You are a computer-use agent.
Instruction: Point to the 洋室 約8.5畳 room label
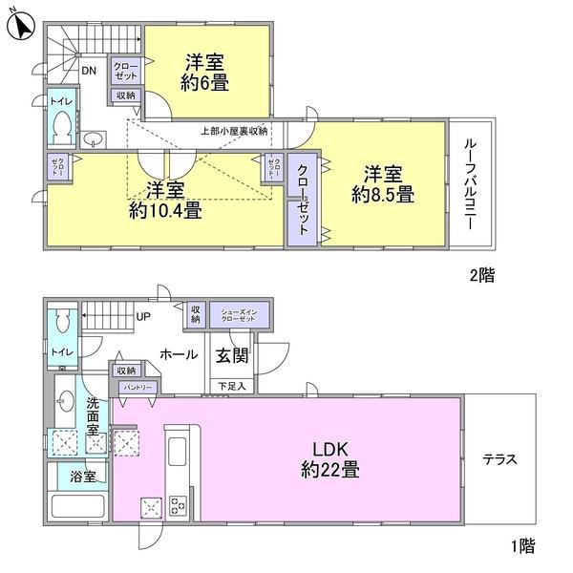tap(382, 184)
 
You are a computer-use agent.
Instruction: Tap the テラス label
tap(499, 458)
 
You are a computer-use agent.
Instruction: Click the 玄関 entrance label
tap(230, 354)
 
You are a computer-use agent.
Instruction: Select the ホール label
tap(178, 354)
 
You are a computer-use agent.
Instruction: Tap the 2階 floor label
tap(481, 273)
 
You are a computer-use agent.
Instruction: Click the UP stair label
tap(144, 316)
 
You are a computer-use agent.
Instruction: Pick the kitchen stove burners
tap(179, 505)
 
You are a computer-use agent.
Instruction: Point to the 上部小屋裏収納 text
tap(234, 130)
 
